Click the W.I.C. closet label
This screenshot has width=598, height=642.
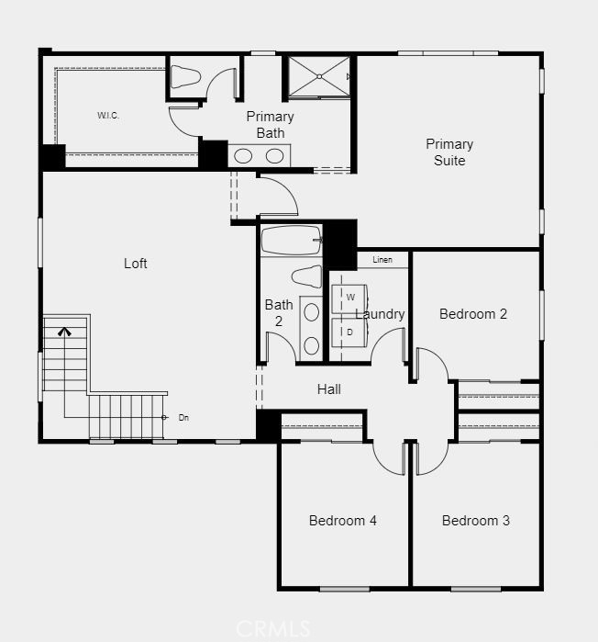108,116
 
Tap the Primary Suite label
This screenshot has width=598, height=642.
449,152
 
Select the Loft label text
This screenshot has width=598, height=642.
136,264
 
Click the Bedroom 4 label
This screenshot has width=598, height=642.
342,521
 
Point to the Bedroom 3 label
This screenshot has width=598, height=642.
475,521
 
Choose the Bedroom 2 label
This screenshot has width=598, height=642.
473,314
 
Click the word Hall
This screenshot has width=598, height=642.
329,389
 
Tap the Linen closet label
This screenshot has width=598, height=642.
382,261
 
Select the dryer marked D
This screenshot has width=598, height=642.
349,332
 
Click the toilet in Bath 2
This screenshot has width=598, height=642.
306,276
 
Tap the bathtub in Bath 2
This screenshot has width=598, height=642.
290,241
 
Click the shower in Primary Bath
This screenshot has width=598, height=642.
317,76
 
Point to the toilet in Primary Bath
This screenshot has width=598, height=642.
186,76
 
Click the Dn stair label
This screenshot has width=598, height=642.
183,418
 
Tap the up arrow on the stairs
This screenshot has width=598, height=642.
64,332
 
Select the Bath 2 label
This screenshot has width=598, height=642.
279,313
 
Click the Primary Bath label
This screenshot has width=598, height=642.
270,125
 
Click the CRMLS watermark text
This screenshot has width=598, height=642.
272,629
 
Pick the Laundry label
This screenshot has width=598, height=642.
382,314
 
